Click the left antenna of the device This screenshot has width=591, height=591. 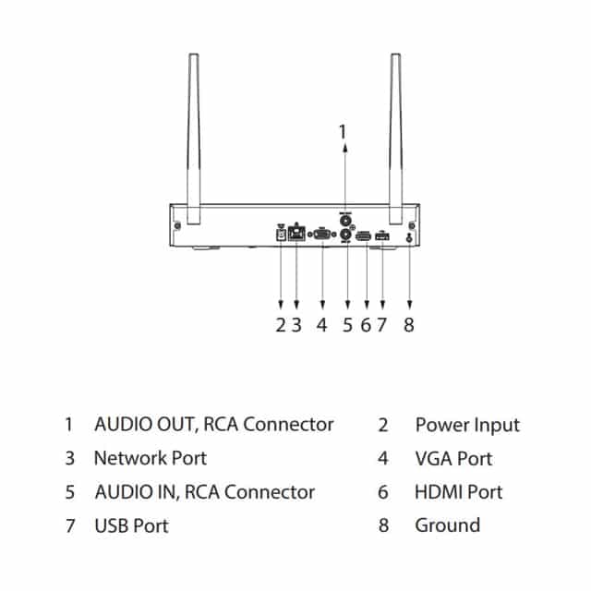(194, 139)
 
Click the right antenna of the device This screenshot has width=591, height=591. (396, 139)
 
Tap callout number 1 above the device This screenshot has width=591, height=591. (344, 131)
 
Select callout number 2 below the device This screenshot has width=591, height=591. (280, 324)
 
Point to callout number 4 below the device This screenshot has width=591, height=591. (321, 324)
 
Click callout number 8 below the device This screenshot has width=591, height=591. (409, 324)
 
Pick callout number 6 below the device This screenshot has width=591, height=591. (366, 324)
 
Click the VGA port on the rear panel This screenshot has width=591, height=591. (322, 235)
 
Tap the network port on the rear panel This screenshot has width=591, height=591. (297, 235)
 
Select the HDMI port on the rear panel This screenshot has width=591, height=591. (365, 235)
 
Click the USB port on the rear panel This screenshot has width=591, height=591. (382, 235)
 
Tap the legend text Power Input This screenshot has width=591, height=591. (467, 425)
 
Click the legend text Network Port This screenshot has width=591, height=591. (150, 458)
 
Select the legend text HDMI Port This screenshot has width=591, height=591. (458, 491)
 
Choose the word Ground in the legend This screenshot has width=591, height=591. (447, 525)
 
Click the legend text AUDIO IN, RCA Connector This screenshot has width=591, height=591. (204, 491)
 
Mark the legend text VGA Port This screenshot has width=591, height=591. (453, 458)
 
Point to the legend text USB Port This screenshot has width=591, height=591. (131, 525)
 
